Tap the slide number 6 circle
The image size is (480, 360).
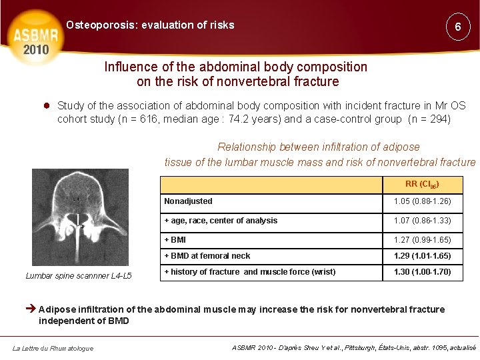[x=458, y=27]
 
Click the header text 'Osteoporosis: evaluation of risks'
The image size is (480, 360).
[x=150, y=25]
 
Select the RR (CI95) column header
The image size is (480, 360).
[x=422, y=184]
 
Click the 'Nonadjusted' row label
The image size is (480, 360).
[x=188, y=201]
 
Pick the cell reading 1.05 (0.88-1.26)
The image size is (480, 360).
[x=422, y=201]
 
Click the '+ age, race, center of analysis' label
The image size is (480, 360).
[x=221, y=221]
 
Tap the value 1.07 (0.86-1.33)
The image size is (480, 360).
[x=422, y=221]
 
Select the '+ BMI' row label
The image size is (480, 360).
[x=175, y=240]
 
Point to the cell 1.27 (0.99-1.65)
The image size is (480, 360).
[x=422, y=240]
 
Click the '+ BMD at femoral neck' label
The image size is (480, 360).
[x=207, y=256]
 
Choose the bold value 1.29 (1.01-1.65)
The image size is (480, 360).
[x=422, y=256]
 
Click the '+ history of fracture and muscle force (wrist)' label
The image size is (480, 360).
[x=250, y=272]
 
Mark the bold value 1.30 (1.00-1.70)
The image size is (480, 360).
[x=422, y=272]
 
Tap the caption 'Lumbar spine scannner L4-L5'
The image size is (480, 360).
[x=79, y=275]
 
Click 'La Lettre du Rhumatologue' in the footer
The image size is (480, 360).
[x=52, y=348]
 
